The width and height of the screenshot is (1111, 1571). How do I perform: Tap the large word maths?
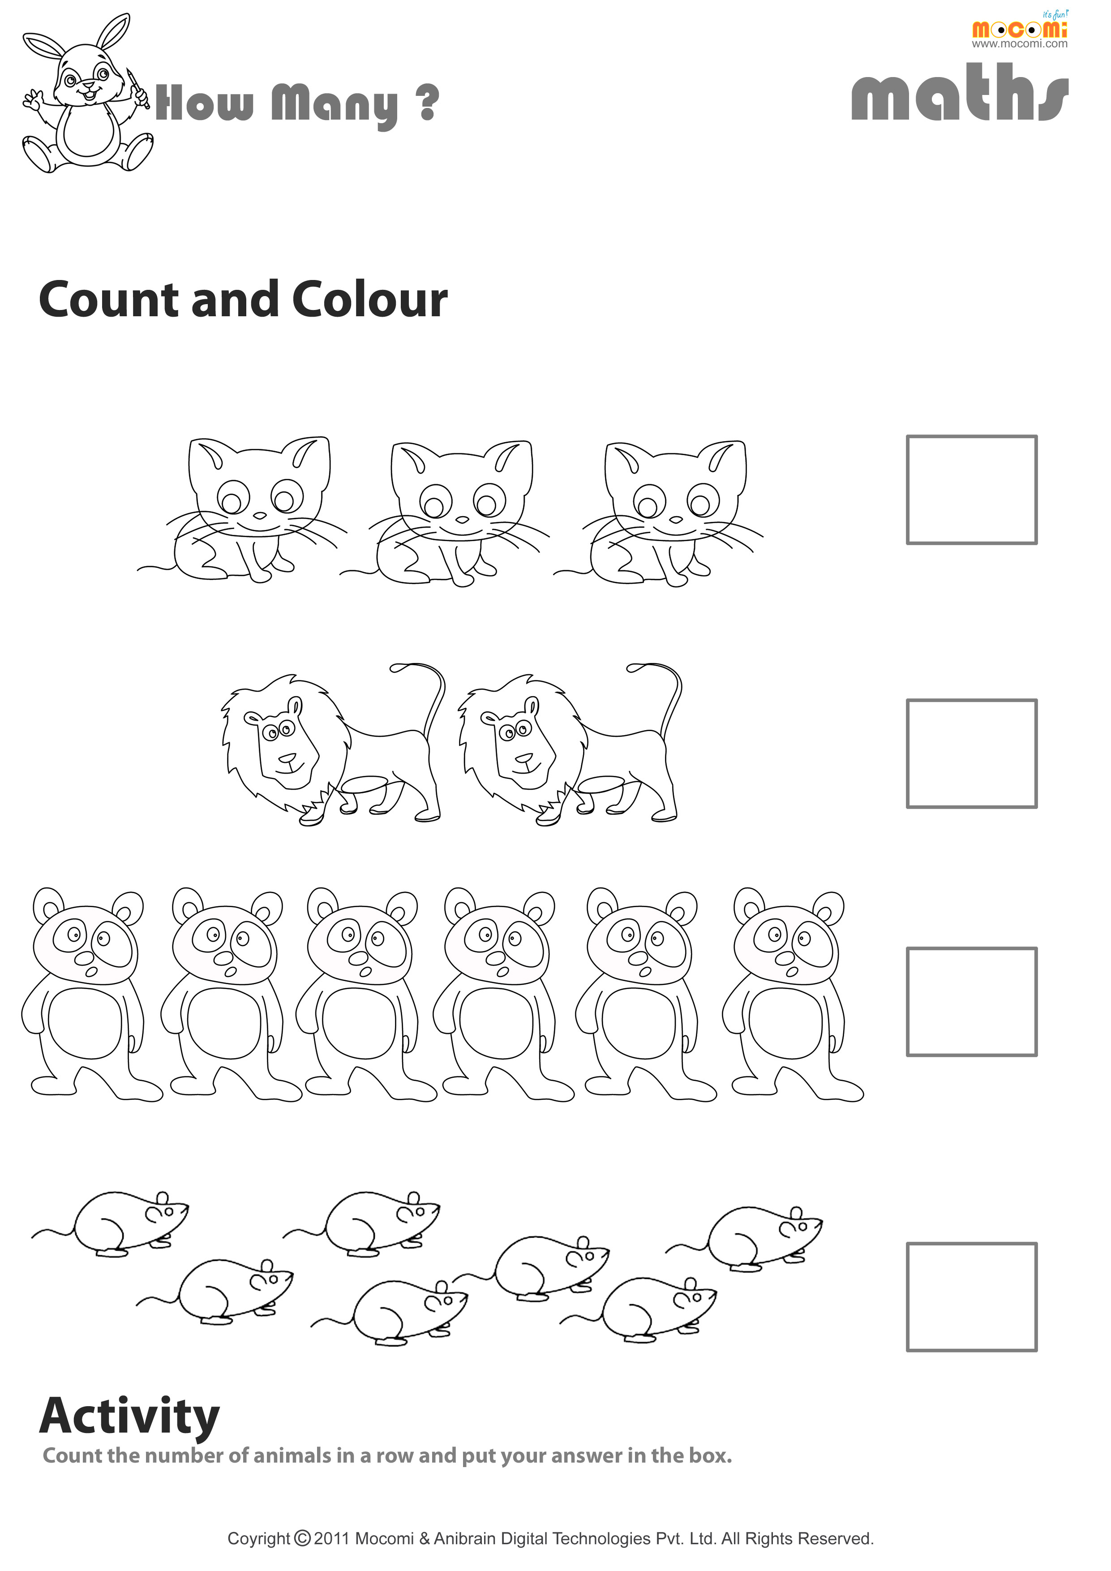point(959,93)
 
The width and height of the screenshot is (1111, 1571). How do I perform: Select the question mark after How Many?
point(428,102)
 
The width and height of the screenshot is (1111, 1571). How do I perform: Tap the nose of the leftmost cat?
point(260,516)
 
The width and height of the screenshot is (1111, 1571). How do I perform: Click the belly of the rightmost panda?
point(785,1024)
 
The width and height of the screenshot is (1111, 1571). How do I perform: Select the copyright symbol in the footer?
point(302,1538)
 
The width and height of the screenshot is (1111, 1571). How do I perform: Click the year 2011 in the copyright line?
point(332,1538)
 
